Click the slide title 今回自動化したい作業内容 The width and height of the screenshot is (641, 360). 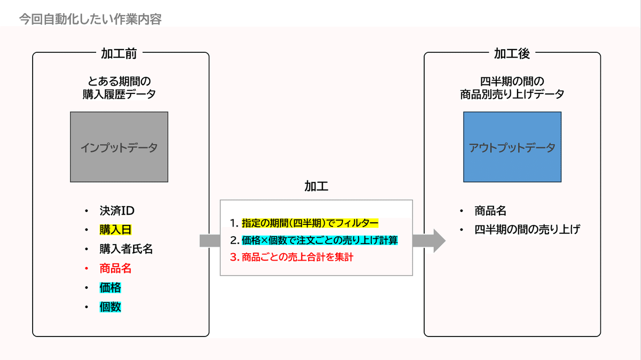point(90,20)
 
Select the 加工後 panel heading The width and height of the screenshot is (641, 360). point(512,53)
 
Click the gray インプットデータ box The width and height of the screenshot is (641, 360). point(119,147)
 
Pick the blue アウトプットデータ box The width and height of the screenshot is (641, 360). point(512,147)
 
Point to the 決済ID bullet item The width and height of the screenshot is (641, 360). point(113,210)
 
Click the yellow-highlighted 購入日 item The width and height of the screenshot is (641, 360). point(115,230)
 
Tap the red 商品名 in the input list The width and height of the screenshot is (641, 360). point(115,268)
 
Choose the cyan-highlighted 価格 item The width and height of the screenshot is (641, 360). point(110,287)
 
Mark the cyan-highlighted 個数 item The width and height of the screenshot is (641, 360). point(110,307)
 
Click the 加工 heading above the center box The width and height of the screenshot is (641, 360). point(316,186)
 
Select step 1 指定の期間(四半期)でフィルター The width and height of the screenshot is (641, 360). point(310,223)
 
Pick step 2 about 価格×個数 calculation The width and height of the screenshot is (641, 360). point(319,240)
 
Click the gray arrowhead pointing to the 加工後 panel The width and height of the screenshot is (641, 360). point(438,240)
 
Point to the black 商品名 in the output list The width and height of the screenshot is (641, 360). point(490,210)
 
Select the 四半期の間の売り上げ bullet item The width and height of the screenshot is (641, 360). point(527,230)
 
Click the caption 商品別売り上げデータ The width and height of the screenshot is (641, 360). point(512,95)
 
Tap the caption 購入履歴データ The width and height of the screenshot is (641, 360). point(119,95)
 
